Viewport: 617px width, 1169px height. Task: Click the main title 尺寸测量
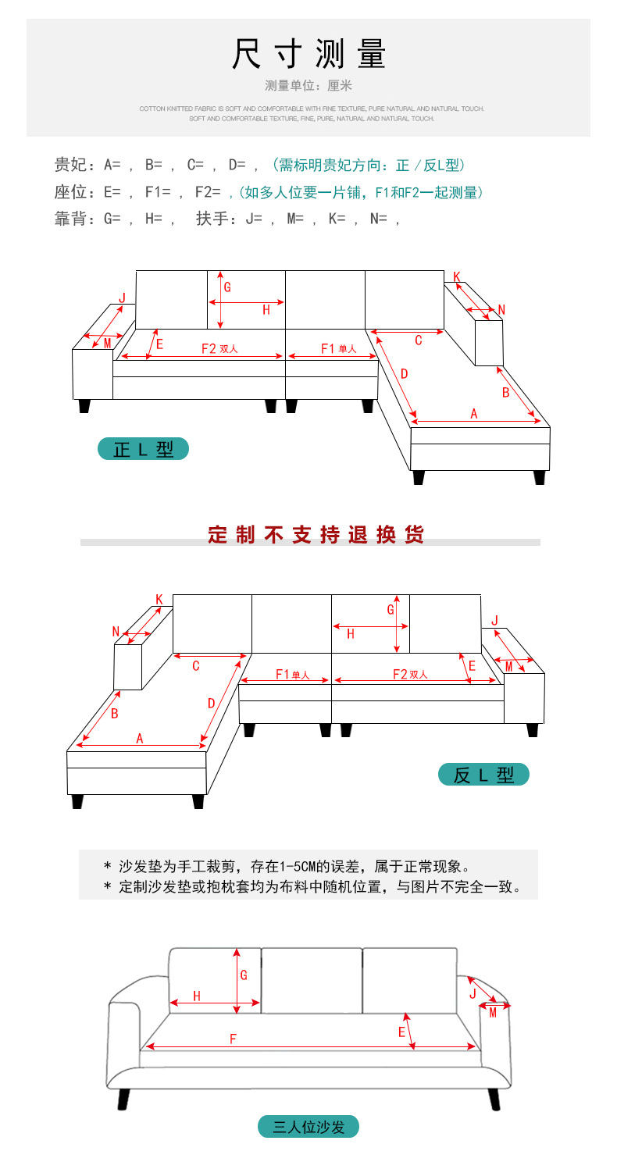coord(308,55)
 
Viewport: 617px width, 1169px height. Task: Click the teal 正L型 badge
coord(143,449)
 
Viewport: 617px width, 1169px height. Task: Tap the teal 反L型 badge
coord(483,775)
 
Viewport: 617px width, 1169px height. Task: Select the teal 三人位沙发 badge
coord(308,1127)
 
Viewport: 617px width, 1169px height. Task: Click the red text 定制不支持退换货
coord(316,535)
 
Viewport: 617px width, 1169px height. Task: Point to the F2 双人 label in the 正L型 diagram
coord(219,349)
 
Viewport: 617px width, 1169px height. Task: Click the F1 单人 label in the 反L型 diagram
coord(292,675)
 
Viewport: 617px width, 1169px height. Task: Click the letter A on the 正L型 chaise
coord(473,414)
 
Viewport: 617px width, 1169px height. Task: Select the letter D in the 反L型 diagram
coord(211,704)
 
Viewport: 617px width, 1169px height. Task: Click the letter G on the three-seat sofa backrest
coord(244,975)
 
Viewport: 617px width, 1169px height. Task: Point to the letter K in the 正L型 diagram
coord(457,276)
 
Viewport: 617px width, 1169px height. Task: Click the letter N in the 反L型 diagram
coord(116,632)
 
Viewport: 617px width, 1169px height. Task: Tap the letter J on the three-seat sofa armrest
coord(473,994)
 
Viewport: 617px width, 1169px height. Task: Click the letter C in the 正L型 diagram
coord(419,340)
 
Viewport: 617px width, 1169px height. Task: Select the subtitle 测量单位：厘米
coord(308,85)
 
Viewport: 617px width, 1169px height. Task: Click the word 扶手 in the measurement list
coord(211,219)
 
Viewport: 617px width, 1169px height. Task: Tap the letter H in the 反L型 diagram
coord(350,634)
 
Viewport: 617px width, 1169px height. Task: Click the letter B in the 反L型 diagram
coord(114,713)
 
